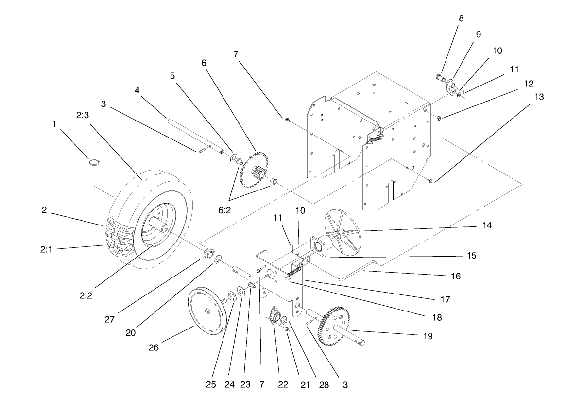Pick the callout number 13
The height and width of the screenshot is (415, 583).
(x=538, y=97)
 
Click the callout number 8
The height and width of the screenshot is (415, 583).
(x=461, y=18)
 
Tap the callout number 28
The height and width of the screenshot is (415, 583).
(x=323, y=385)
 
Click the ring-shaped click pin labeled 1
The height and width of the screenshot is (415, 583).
(x=95, y=163)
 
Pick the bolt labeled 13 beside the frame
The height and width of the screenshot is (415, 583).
(x=431, y=181)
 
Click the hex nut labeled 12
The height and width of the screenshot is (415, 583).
(x=439, y=119)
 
